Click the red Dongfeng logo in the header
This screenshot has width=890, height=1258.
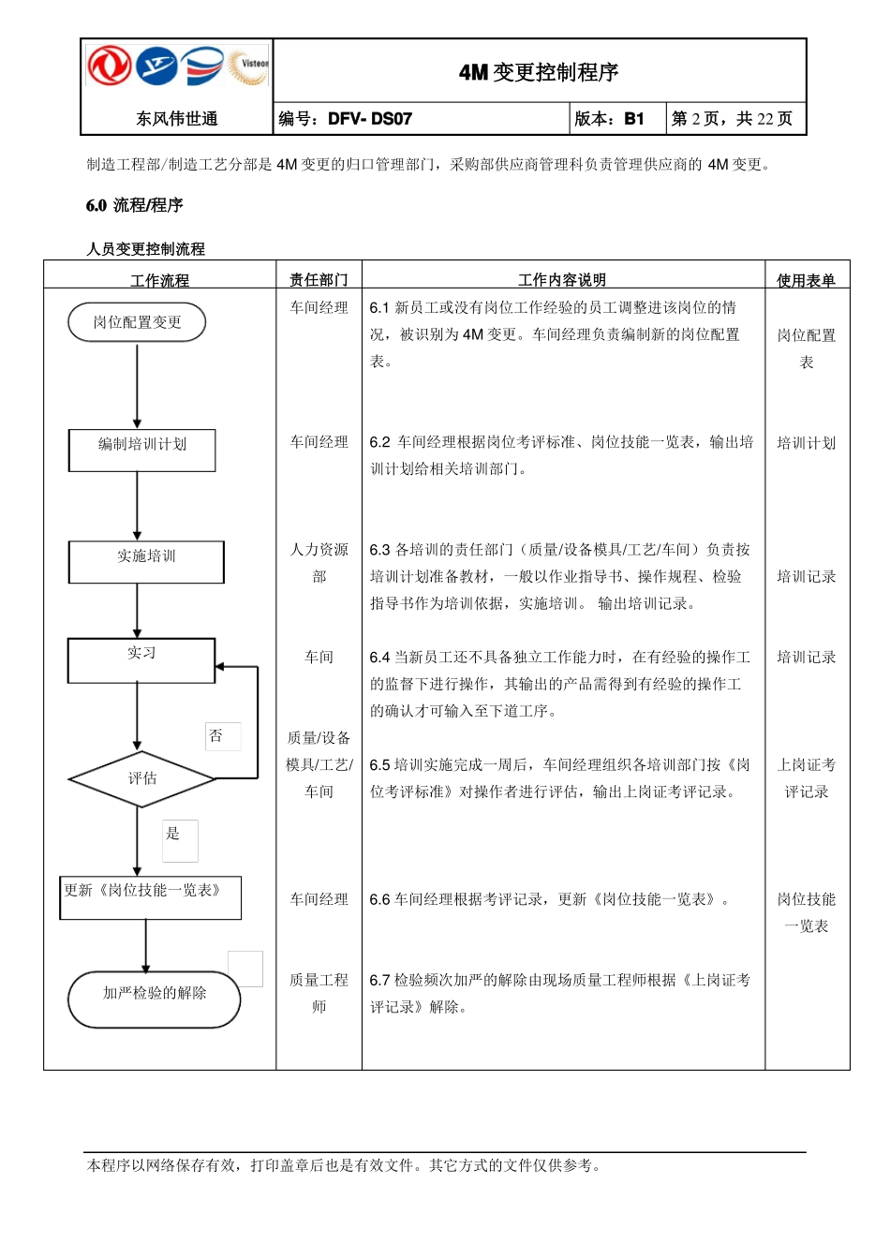[x=110, y=66]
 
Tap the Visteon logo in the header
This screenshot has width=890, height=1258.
[x=249, y=66]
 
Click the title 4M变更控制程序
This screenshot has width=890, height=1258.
[x=539, y=72]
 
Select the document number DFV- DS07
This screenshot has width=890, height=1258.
[x=370, y=119]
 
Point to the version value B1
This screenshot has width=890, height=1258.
[x=634, y=119]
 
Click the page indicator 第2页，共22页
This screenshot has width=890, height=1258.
[x=732, y=119]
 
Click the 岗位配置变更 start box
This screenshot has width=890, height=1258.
[x=137, y=322]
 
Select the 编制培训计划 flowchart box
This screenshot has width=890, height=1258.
[x=142, y=450]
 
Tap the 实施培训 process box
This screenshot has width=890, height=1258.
[x=146, y=561]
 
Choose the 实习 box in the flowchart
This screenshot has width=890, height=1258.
[x=141, y=659]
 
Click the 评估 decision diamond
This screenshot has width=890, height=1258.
[x=142, y=778]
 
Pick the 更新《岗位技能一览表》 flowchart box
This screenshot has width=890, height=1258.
[x=150, y=896]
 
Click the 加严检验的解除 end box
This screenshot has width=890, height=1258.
[x=155, y=999]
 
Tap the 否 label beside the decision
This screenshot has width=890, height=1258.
[x=216, y=736]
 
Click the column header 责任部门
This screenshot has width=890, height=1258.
[x=319, y=279]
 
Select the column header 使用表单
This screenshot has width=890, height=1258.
[x=806, y=279]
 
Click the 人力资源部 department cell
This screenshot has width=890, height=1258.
[x=319, y=563]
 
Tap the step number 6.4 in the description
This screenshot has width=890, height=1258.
[x=379, y=658]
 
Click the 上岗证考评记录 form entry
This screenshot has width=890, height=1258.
[x=807, y=778]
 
